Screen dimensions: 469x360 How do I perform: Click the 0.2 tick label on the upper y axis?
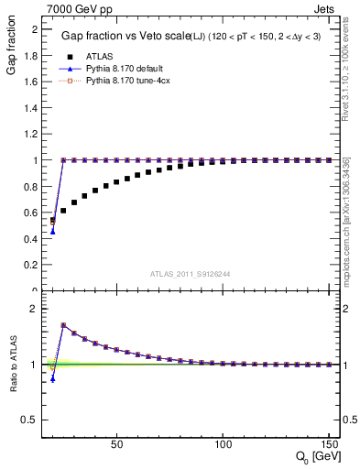tap(32, 265)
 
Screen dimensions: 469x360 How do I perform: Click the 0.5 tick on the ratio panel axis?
tap(32, 420)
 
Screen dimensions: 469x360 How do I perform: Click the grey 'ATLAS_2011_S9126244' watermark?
tap(191, 273)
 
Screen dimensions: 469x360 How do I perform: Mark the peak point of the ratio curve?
tap(63, 325)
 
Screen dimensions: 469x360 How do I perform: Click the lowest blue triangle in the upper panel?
tap(52, 231)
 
